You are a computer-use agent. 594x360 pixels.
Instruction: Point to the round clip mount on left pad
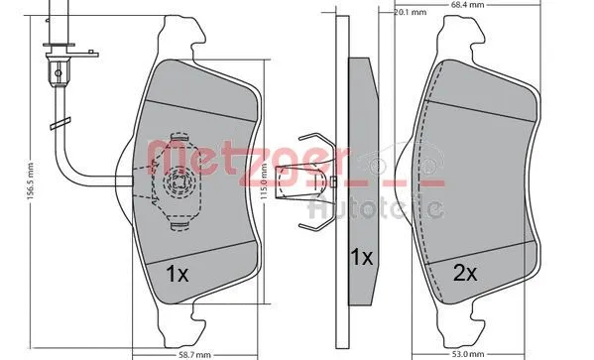(x=178, y=180)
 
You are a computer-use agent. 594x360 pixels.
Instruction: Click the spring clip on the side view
(x=315, y=178)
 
